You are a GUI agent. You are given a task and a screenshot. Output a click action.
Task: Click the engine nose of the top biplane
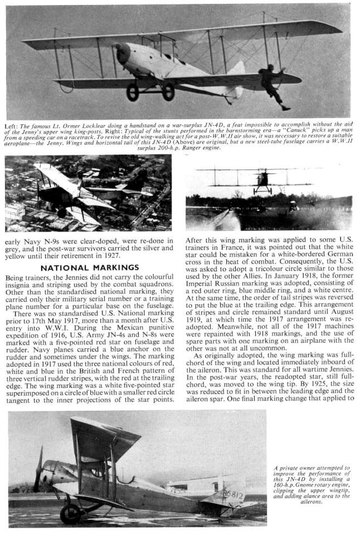click(x=123, y=53)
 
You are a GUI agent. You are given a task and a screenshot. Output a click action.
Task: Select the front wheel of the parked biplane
click(x=71, y=513)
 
